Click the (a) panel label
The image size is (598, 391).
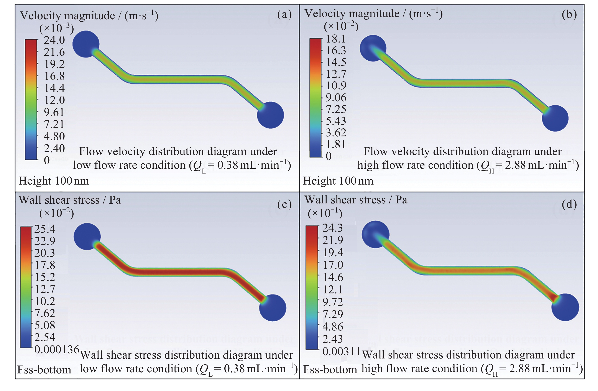(284, 14)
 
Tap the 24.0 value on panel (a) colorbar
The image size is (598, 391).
(54, 40)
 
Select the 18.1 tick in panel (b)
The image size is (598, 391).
(336, 39)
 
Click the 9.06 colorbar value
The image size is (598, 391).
(336, 97)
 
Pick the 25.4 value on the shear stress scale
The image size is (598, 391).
(45, 229)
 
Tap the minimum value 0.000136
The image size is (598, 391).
(57, 349)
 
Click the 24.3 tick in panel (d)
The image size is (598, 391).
(333, 228)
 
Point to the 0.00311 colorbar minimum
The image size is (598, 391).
(342, 351)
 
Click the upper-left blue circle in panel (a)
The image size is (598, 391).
(86, 44)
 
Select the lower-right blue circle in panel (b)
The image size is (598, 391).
(555, 118)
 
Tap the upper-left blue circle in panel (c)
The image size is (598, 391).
(87, 237)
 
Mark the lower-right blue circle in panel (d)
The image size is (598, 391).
(565, 307)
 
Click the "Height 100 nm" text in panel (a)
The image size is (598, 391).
(54, 181)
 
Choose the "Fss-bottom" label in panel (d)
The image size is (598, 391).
(330, 369)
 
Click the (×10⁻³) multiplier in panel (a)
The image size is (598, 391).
(57, 28)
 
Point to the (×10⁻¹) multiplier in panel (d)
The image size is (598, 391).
(325, 213)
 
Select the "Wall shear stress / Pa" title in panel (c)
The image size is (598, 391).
(70, 200)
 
